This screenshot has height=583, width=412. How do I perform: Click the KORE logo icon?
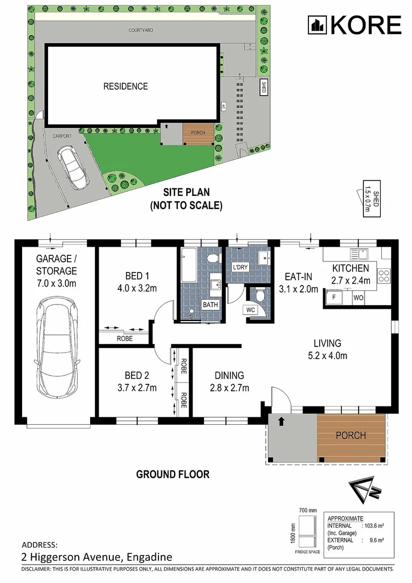coord(317,25)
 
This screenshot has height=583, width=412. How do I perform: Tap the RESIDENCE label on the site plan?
coord(126,86)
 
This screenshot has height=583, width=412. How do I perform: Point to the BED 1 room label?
coord(137,276)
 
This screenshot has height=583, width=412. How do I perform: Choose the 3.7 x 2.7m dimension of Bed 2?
coord(137,388)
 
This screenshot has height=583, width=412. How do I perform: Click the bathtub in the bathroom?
coord(189,266)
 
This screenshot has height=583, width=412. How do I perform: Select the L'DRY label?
coord(240,267)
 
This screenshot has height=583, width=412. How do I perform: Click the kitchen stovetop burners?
coord(384,275)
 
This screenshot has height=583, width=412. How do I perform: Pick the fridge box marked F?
coord(334,297)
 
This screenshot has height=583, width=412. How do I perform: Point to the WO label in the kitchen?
coord(359,298)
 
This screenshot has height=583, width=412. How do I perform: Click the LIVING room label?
coord(327,343)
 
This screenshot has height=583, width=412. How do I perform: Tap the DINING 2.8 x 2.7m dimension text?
coord(230,388)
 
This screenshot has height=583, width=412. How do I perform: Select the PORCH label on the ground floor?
coord(351,435)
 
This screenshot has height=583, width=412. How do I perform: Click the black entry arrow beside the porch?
coord(281,421)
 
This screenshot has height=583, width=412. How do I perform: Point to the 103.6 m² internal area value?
coord(374,526)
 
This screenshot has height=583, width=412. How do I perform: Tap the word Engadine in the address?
coord(149,557)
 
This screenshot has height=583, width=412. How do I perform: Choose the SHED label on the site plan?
coord(263,87)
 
